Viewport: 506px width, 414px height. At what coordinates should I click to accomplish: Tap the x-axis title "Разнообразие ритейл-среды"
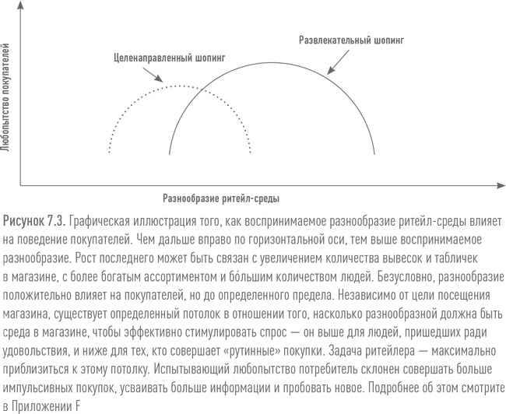point(222,198)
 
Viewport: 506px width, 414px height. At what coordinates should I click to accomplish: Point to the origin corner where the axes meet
point(21,185)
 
